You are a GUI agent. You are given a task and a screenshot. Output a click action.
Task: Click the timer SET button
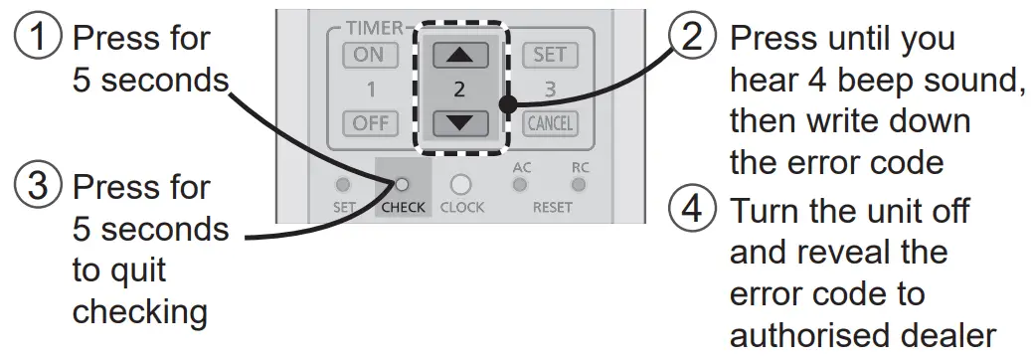pos(549,56)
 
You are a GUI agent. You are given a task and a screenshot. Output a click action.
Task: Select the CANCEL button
pos(549,124)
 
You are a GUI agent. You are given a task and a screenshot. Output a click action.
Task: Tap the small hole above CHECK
pos(403,185)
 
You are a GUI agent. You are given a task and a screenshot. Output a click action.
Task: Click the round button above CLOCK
pos(460,185)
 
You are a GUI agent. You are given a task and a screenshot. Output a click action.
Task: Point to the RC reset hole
pos(579,185)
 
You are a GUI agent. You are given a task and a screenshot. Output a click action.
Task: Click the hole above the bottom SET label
pos(343,185)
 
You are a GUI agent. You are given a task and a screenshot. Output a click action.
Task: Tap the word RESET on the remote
pos(552,207)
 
